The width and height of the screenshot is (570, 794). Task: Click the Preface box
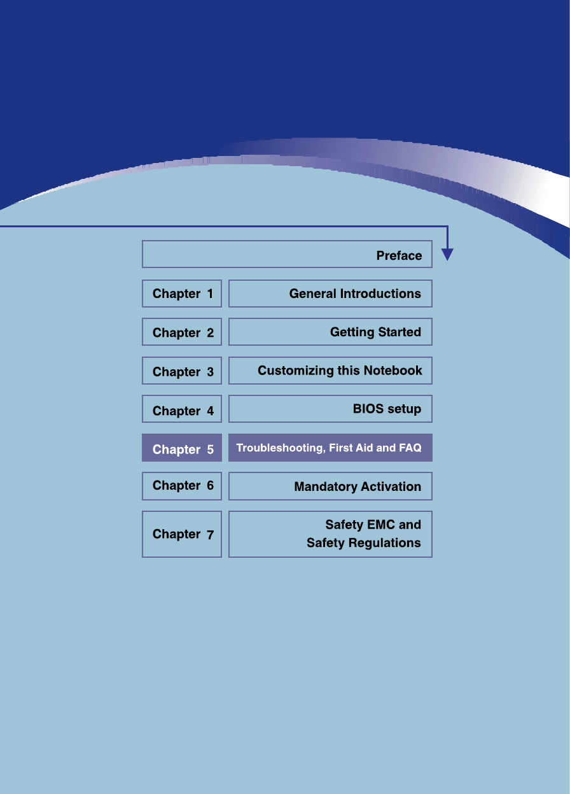(287, 254)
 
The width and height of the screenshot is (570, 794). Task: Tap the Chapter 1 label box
(182, 294)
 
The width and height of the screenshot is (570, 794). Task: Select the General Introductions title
(355, 294)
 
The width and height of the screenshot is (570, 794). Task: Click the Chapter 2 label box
(182, 332)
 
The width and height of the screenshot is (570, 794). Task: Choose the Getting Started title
(375, 332)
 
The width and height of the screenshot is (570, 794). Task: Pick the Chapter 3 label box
(182, 371)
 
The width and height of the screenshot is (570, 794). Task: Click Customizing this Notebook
(340, 371)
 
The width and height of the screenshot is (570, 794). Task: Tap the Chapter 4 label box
(182, 409)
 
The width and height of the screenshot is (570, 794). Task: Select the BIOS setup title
(387, 409)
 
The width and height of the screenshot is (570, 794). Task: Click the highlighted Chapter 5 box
(182, 448)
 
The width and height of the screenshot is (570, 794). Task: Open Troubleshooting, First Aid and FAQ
(329, 448)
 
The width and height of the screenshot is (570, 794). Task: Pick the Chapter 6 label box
(182, 486)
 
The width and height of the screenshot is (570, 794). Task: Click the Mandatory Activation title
(358, 486)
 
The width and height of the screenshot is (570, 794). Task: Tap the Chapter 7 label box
(182, 534)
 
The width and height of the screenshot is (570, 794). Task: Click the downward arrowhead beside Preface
(447, 255)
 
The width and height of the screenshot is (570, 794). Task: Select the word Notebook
(393, 371)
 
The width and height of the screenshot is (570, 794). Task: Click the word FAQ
(410, 448)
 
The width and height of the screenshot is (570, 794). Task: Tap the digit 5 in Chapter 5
(210, 450)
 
